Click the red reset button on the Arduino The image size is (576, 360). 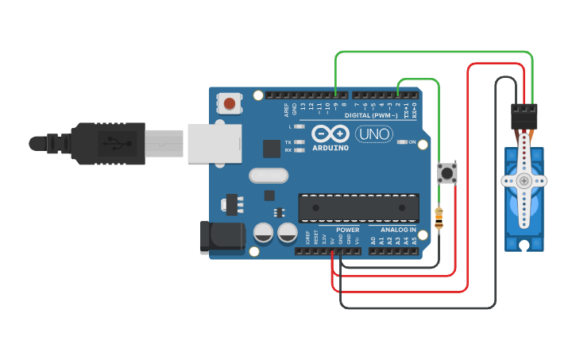click(x=230, y=103)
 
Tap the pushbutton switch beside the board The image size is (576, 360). click(x=448, y=172)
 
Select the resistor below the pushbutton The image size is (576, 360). click(x=439, y=219)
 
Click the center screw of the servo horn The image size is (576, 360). click(x=524, y=180)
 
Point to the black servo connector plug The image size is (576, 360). click(x=524, y=117)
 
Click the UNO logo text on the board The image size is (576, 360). click(x=373, y=135)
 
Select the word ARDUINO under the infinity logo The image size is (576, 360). click(x=331, y=148)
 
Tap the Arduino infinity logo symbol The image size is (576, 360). click(x=330, y=134)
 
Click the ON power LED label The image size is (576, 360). click(x=412, y=142)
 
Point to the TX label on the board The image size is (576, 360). click(x=288, y=142)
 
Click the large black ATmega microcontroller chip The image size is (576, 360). click(x=358, y=208)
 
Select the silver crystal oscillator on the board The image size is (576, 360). click(x=266, y=175)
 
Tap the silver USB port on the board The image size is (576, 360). click(x=214, y=144)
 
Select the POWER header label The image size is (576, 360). click(x=336, y=230)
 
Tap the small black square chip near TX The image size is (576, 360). click(x=273, y=148)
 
